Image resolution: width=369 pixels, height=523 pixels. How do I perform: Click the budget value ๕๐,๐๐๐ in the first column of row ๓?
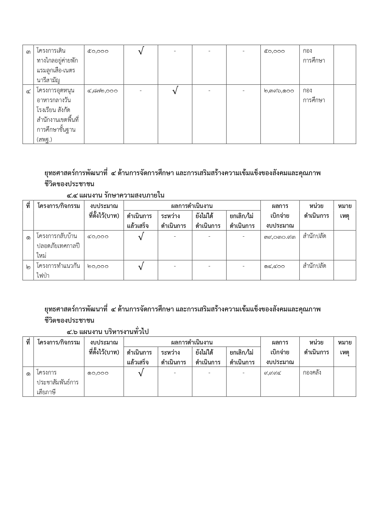(98, 51)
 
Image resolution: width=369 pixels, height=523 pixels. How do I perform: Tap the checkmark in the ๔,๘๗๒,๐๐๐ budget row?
(175, 90)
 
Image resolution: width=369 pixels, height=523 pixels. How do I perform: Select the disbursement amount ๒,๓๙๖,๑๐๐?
(279, 91)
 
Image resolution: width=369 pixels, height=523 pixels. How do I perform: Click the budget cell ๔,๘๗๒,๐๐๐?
(103, 91)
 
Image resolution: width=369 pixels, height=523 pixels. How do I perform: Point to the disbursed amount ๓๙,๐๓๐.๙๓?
(280, 237)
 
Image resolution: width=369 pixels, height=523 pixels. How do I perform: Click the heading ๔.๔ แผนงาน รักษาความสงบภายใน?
(115, 195)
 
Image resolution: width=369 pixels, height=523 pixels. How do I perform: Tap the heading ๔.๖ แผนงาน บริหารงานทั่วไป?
(107, 332)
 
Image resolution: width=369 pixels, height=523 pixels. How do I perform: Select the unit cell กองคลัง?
(312, 373)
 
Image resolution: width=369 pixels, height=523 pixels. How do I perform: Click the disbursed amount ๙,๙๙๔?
(272, 373)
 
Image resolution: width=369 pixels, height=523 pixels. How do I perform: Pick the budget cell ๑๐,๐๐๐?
(98, 373)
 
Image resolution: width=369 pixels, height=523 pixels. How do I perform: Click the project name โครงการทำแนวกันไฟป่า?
(58, 271)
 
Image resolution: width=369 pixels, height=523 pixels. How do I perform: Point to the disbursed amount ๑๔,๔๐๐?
(274, 266)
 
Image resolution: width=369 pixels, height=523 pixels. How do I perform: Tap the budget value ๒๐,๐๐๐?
(98, 266)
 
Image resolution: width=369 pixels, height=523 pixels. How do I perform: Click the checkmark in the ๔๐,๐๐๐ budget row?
(141, 237)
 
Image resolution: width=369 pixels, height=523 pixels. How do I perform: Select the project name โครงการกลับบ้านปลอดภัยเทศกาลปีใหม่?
(58, 246)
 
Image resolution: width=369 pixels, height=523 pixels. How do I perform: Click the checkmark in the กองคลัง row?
(141, 373)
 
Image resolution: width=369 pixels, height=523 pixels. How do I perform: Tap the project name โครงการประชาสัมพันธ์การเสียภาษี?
(58, 382)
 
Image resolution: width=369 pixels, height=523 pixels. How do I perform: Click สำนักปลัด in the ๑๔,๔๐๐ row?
(314, 266)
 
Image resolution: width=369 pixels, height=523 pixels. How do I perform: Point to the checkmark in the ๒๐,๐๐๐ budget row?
(141, 266)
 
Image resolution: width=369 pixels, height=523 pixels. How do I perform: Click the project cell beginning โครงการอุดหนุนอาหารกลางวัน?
(58, 115)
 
